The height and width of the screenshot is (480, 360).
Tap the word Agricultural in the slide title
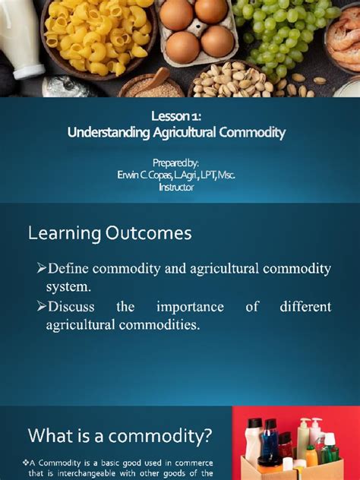(x=176, y=133)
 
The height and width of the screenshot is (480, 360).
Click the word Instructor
(x=176, y=188)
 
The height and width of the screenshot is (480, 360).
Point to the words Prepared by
(x=175, y=163)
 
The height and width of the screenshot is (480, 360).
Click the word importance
(x=190, y=307)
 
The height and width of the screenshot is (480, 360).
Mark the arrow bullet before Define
(x=41, y=269)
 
